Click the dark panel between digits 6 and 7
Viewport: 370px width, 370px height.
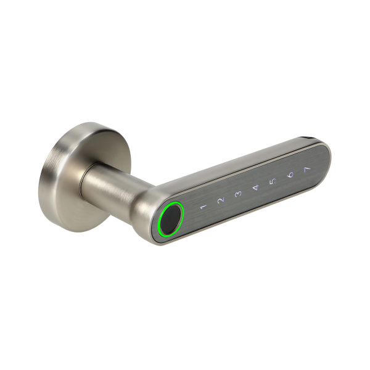[298, 173]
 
